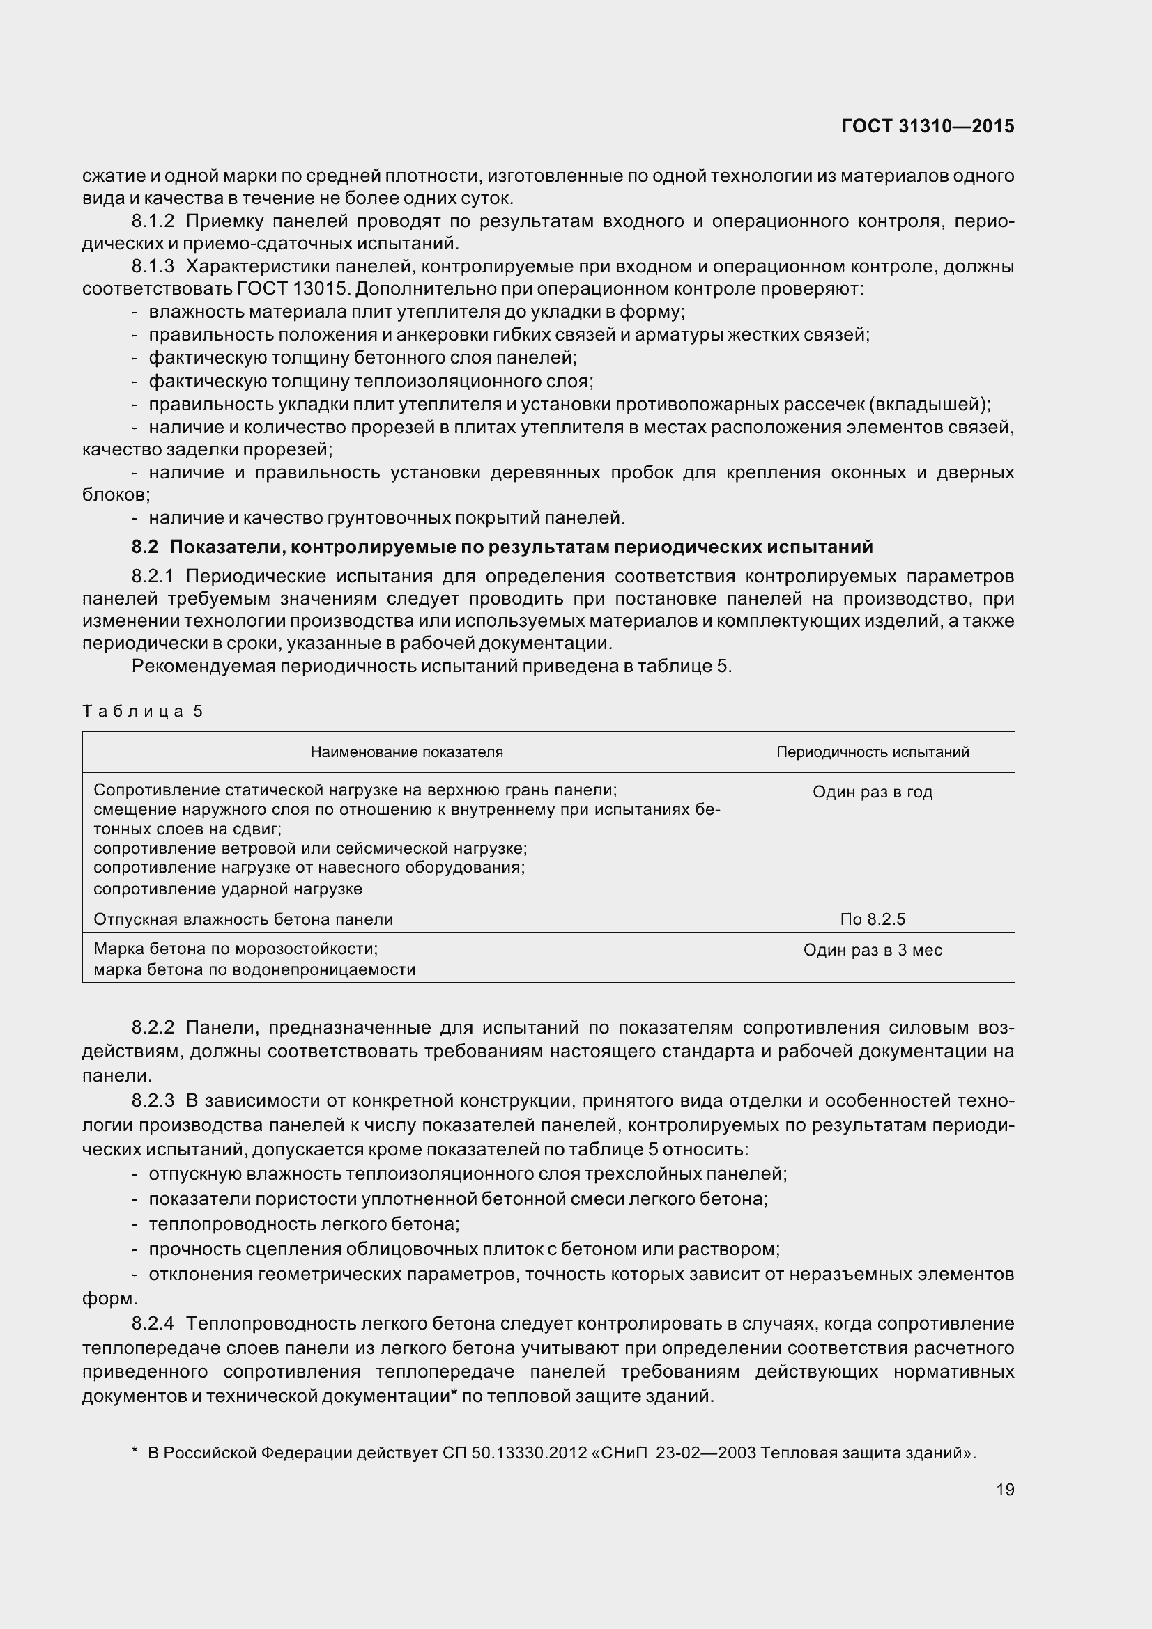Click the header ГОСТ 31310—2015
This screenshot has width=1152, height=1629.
coord(928,126)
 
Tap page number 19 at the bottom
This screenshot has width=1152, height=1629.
coord(1005,1489)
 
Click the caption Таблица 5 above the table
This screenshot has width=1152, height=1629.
coord(143,711)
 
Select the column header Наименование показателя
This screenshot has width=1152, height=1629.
coord(407,752)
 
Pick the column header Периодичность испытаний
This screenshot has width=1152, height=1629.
coord(873,752)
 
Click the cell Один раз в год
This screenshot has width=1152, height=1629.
coord(873,792)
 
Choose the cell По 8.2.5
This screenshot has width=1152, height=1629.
coord(873,919)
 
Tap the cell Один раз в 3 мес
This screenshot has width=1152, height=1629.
coord(873,950)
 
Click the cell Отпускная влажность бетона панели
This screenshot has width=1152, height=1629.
coord(243,919)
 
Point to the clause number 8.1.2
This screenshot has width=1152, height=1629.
coord(153,221)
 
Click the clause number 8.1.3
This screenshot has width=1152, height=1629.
coord(153,267)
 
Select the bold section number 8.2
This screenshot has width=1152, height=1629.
coord(145,547)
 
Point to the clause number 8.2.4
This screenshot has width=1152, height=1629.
coord(153,1323)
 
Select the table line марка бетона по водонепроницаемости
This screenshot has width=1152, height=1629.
coord(254,970)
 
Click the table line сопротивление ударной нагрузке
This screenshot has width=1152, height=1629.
coord(228,889)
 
